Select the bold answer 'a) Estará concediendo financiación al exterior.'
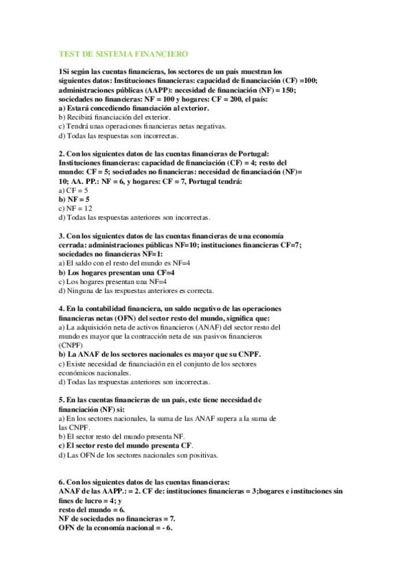[134, 108]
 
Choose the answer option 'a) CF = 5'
[73, 189]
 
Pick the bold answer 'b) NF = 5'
[74, 198]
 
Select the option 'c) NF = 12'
[75, 207]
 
